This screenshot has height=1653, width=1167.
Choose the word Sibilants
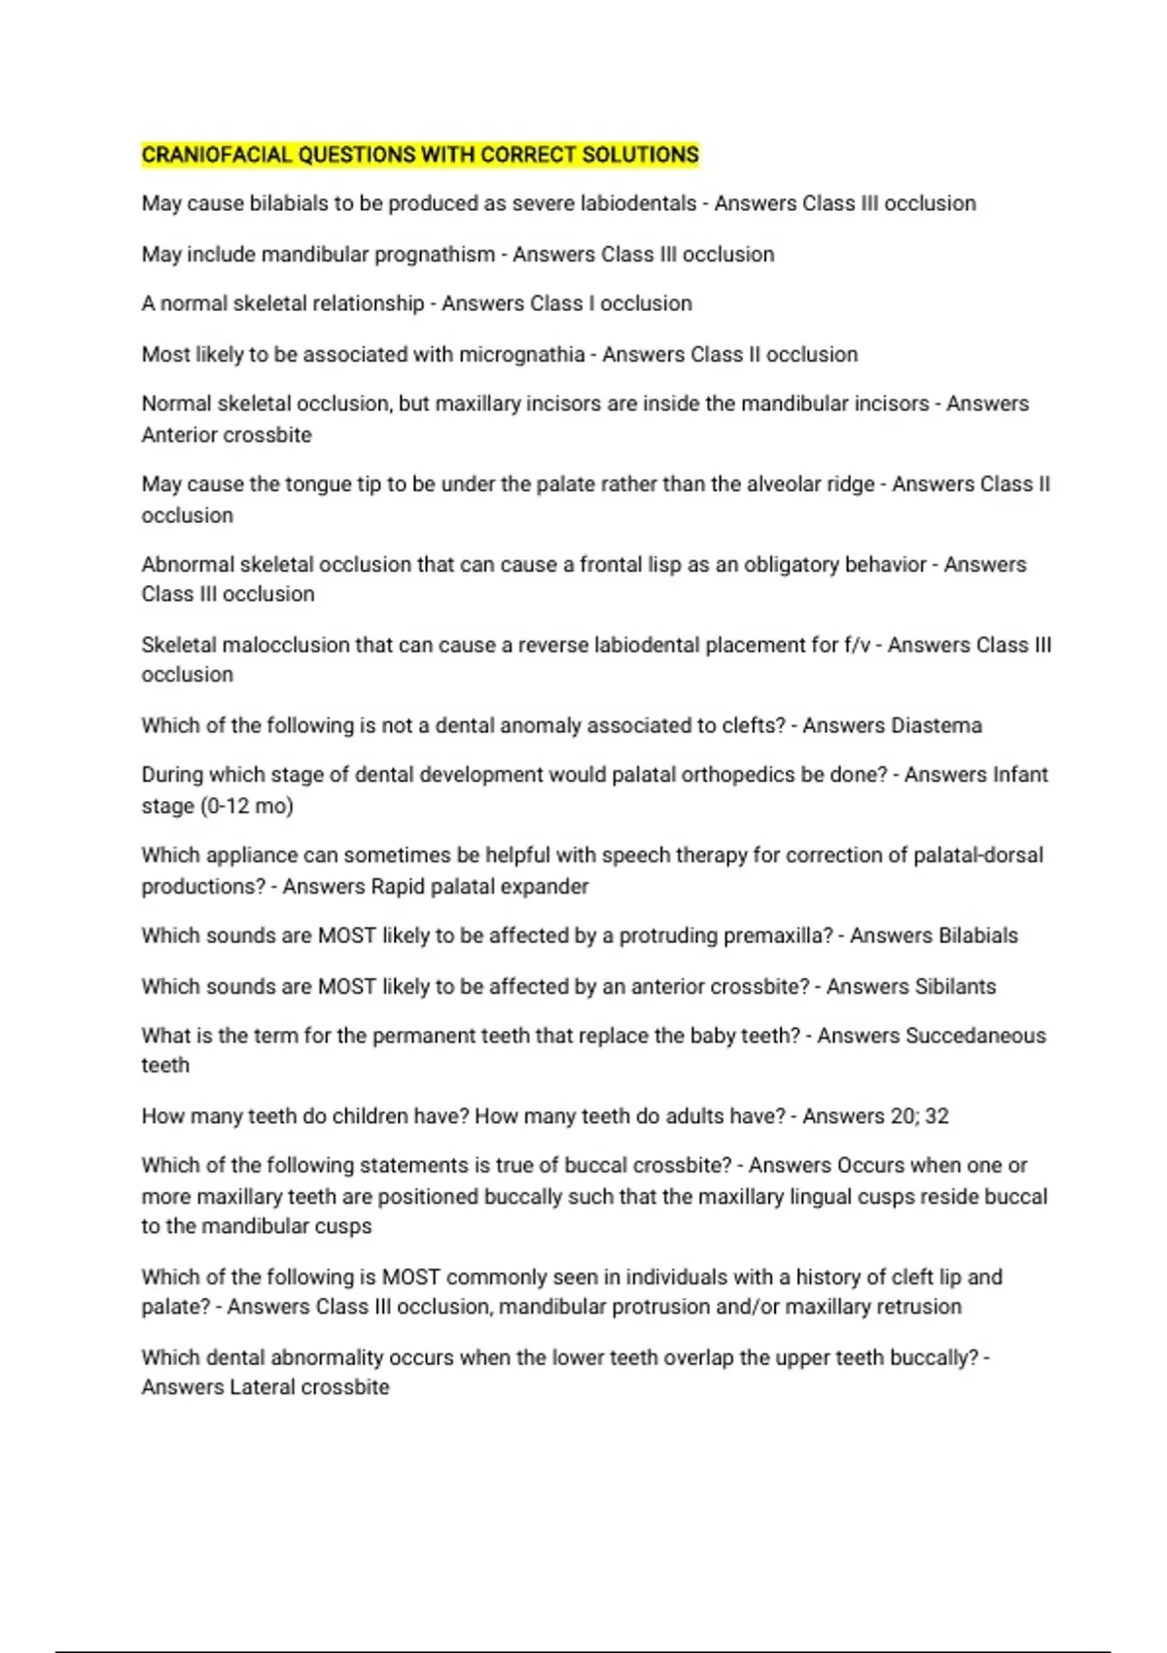pyautogui.click(x=952, y=986)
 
